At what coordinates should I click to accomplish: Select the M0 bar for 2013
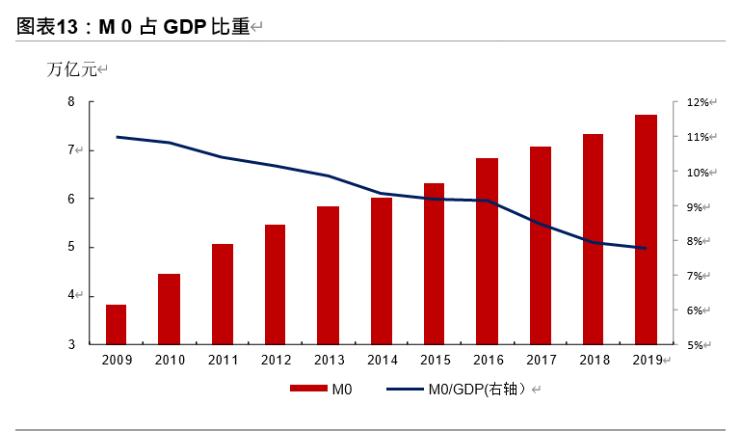[328, 275]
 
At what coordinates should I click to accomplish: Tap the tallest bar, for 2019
[646, 229]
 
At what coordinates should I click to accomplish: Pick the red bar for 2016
[487, 251]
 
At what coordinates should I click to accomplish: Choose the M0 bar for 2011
[223, 294]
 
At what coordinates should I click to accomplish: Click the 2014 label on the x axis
[381, 360]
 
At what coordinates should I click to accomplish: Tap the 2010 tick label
[170, 360]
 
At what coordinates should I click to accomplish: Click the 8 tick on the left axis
[71, 101]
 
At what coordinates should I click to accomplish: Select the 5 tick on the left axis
[71, 247]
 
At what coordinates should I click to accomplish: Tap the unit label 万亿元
[72, 69]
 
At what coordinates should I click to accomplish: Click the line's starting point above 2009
[117, 137]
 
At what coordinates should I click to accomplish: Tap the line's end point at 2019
[646, 249]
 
